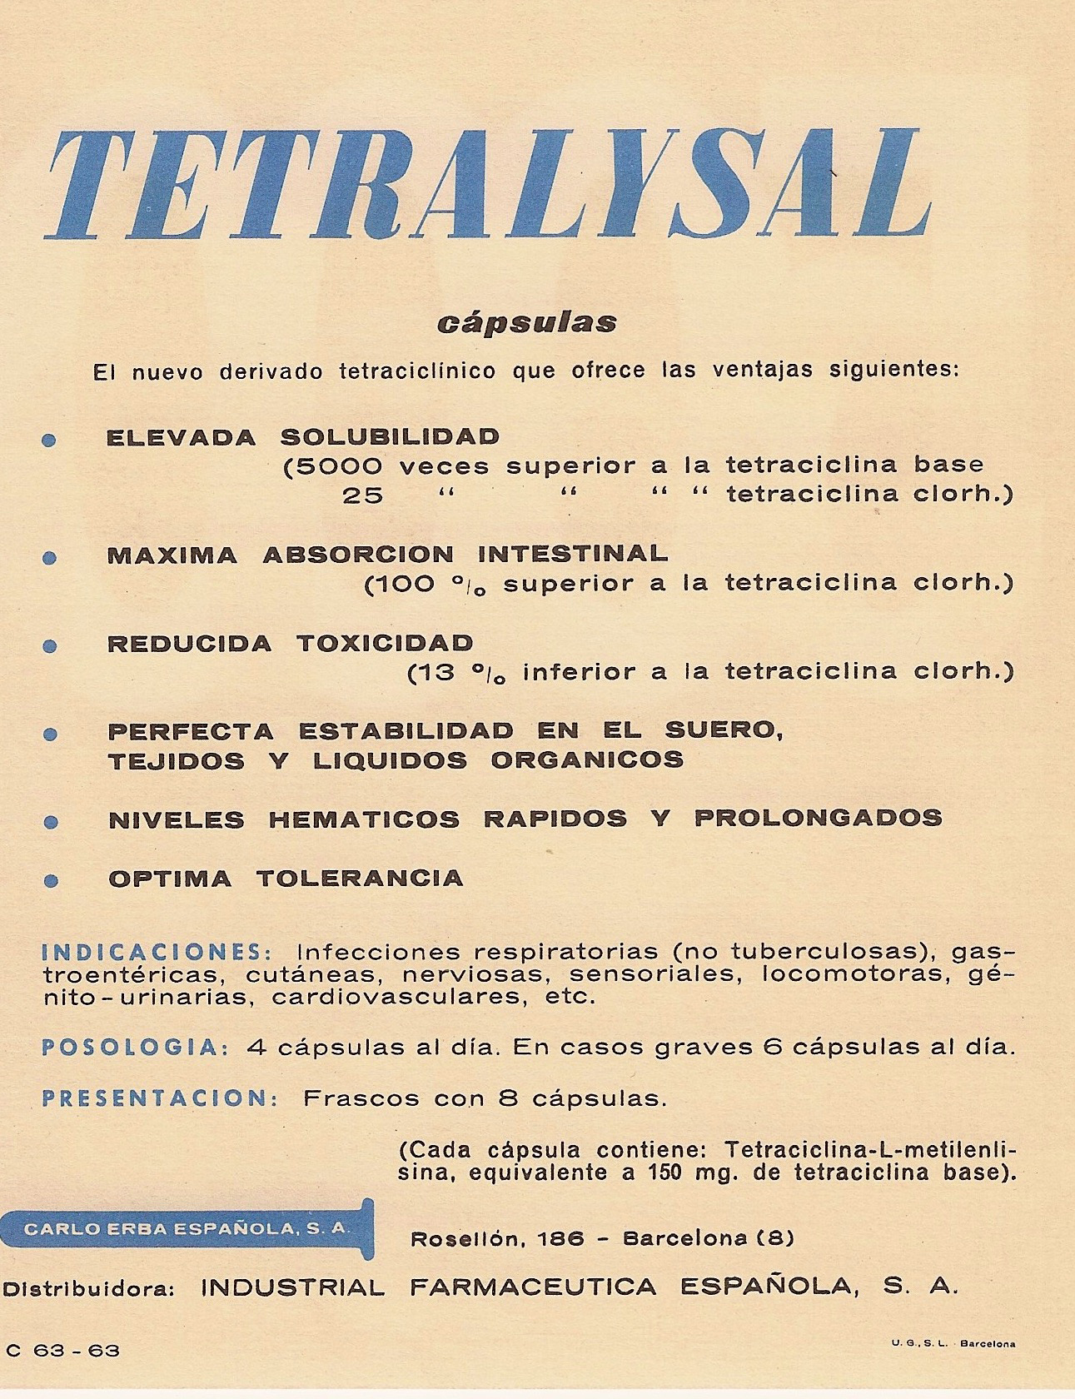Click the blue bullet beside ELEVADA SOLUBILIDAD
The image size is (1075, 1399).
coord(50,440)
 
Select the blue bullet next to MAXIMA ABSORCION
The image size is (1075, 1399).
coord(50,558)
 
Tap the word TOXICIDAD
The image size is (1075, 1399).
coord(385,643)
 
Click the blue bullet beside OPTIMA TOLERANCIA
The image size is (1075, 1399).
coord(52,881)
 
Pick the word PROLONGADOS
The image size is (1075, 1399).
coord(818,818)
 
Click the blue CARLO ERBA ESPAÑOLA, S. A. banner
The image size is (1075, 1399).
coord(187,1229)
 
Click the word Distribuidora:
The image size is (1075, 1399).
coord(87,1288)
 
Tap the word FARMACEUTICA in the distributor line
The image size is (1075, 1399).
coord(533,1287)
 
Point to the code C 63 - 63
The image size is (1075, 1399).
coord(63,1351)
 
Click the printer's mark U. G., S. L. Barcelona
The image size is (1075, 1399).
coord(953,1343)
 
